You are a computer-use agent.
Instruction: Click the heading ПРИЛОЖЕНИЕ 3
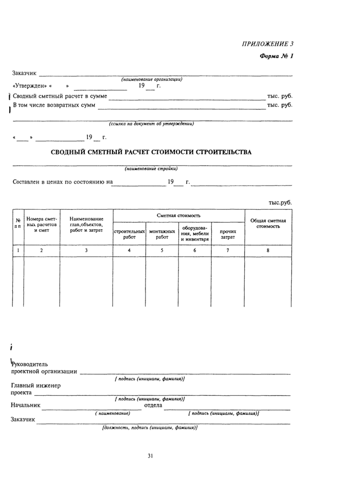pyautogui.click(x=267, y=44)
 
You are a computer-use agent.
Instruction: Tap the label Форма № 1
pyautogui.click(x=276, y=56)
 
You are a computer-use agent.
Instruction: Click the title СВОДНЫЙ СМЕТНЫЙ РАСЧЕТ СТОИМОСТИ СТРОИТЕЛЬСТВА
pyautogui.click(x=152, y=152)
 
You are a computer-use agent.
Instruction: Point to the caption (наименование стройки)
pyautogui.click(x=151, y=169)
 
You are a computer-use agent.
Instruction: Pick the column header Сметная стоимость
pyautogui.click(x=178, y=215)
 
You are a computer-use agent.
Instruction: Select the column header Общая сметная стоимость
pyautogui.click(x=268, y=223)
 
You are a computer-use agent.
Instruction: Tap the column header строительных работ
pyautogui.click(x=129, y=234)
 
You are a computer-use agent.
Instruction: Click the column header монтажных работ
pyautogui.click(x=162, y=234)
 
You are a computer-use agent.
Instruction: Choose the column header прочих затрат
pyautogui.click(x=228, y=234)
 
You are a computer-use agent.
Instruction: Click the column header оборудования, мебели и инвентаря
pyautogui.click(x=195, y=233)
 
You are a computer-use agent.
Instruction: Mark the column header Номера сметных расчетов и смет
pyautogui.click(x=42, y=224)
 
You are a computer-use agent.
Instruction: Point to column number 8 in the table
pyautogui.click(x=268, y=250)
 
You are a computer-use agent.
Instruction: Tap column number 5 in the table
pyautogui.click(x=162, y=250)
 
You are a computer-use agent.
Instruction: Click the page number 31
pyautogui.click(x=151, y=455)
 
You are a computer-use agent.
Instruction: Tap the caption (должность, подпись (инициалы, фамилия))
pyautogui.click(x=150, y=427)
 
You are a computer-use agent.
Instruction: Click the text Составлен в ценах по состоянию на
pyautogui.click(x=62, y=182)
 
